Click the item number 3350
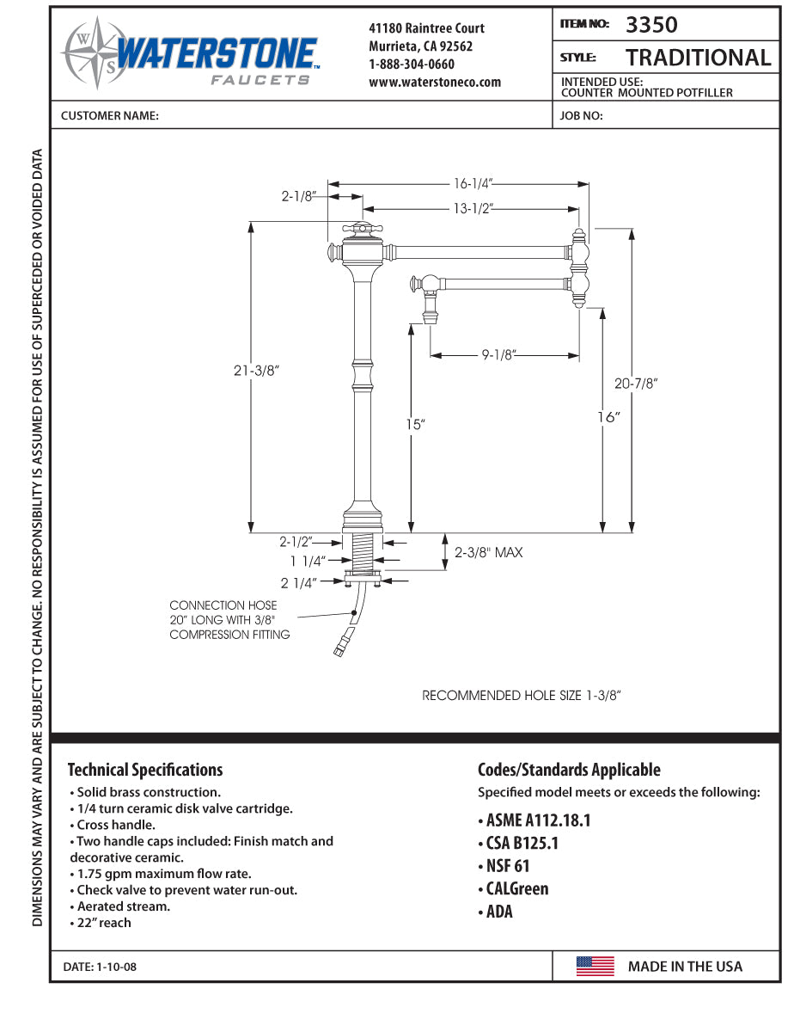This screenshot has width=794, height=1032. [x=651, y=25]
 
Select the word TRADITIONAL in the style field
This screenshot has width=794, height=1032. [x=698, y=58]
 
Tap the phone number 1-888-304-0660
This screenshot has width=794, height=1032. [x=412, y=64]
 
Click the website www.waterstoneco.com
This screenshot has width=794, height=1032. [x=435, y=83]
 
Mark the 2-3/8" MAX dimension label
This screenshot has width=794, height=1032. [x=488, y=552]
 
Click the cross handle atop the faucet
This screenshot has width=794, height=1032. [x=362, y=230]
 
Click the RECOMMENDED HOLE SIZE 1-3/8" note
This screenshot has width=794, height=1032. [x=521, y=696]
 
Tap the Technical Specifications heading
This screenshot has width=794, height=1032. [x=145, y=770]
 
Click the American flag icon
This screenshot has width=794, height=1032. [x=595, y=966]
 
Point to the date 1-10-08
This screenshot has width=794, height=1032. [x=100, y=967]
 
